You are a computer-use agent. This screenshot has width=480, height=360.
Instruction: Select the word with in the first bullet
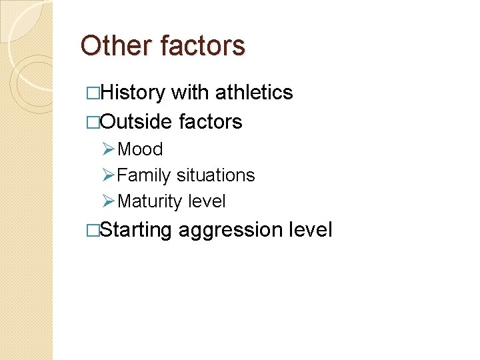pos(191,93)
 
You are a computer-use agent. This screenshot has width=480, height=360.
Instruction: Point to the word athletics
pos(255,93)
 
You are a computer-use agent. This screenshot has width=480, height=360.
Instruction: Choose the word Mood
pos(140,149)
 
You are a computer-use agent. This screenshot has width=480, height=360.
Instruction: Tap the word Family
pos(144,175)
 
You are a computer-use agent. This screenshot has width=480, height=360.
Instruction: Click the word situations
pos(216,175)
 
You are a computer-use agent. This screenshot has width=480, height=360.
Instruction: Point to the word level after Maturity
pos(207,201)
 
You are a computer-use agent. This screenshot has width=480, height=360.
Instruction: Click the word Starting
pos(137,231)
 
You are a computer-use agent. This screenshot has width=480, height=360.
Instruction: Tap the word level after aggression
pos(311,230)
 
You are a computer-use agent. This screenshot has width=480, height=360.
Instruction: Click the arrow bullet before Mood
pos(109,149)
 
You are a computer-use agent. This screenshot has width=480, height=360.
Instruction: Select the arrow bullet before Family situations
pos(109,175)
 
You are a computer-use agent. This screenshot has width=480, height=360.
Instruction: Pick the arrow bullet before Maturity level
pos(109,201)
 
